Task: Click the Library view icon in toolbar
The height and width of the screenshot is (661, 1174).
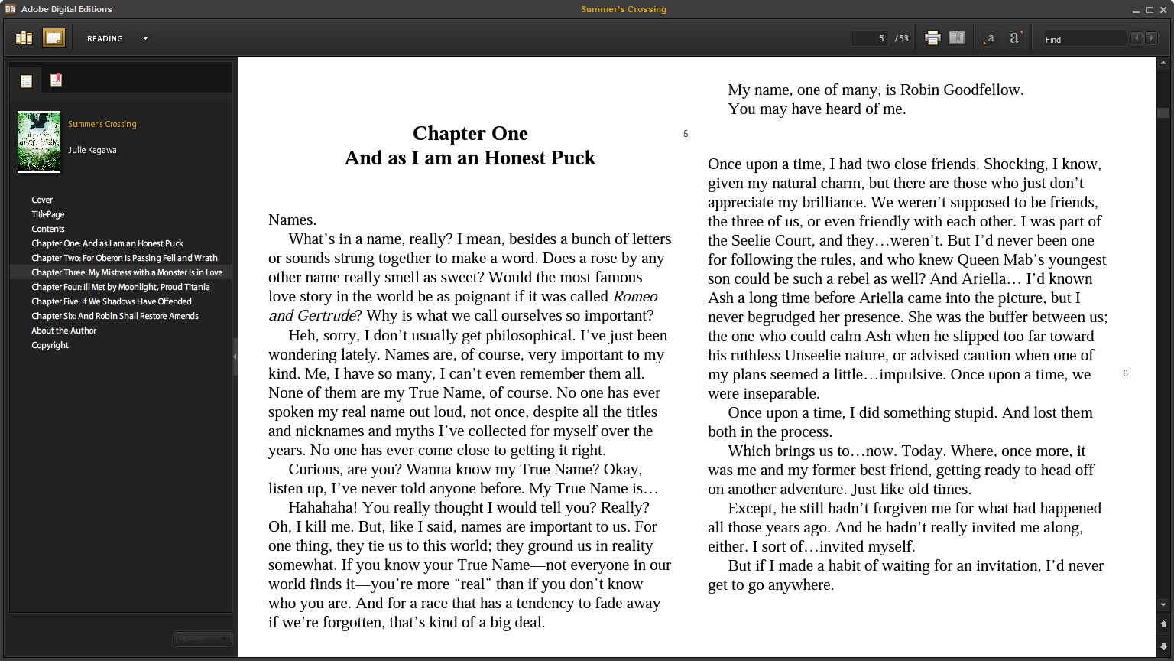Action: click(x=24, y=38)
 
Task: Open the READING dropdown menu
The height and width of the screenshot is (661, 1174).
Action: click(x=145, y=38)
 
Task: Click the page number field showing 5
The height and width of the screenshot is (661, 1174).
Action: click(x=870, y=38)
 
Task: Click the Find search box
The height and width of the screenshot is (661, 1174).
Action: click(x=1085, y=39)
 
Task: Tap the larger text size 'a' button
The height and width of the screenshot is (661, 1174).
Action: click(x=1014, y=38)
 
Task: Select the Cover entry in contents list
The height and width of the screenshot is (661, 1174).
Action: click(x=42, y=200)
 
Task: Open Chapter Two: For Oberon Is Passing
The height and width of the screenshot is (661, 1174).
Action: click(x=124, y=258)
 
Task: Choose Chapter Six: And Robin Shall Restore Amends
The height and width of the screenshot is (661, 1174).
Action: click(x=115, y=316)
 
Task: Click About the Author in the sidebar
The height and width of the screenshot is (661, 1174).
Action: click(x=63, y=330)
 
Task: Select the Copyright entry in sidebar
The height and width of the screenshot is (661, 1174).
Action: click(x=50, y=345)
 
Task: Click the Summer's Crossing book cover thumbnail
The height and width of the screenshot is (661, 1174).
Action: click(x=39, y=142)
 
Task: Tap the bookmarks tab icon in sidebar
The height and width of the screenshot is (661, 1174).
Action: click(x=56, y=80)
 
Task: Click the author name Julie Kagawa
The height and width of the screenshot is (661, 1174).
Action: click(x=92, y=150)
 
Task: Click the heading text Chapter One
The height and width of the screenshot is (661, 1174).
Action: click(x=470, y=133)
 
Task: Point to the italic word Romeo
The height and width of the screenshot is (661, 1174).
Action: click(x=635, y=296)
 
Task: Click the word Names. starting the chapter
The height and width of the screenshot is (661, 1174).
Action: click(x=292, y=220)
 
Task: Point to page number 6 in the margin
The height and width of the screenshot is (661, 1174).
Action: click(x=1125, y=373)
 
